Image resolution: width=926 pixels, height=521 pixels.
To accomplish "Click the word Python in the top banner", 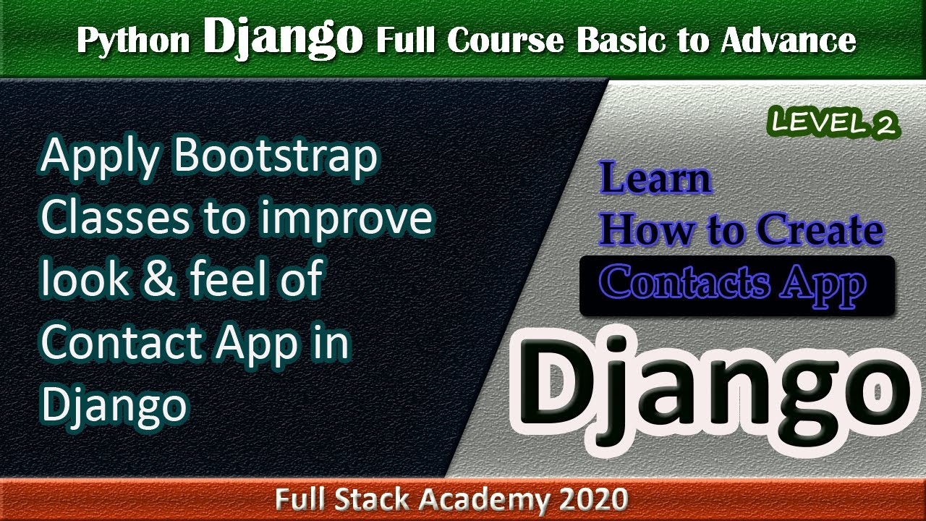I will point(134,41).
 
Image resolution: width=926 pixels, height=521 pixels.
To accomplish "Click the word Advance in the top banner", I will point(788,41).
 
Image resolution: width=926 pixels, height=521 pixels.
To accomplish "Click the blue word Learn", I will point(655,179).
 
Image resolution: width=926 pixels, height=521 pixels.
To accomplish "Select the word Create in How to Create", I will point(820,230).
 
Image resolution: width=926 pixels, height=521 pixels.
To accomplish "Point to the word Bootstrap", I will point(276,157).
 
